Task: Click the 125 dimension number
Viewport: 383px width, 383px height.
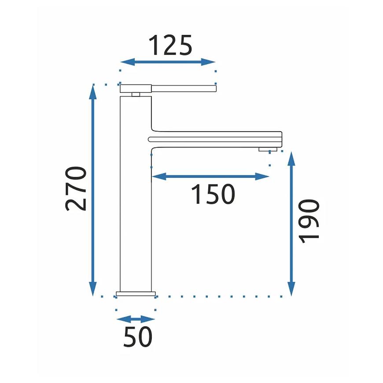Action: coord(170,45)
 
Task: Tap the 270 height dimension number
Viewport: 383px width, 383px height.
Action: coord(76,188)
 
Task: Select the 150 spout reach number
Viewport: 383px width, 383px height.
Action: coord(213,194)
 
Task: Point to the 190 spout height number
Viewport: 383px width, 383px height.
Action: coord(309,221)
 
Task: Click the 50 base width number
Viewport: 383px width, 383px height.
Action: coord(138,337)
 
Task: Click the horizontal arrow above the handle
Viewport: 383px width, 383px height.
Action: coord(168,62)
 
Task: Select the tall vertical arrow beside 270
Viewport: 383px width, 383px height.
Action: coord(93,190)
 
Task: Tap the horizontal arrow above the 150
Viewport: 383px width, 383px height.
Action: coord(210,176)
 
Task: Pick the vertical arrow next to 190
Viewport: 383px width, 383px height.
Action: coord(291,224)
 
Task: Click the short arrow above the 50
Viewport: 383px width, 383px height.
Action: coord(136,319)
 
